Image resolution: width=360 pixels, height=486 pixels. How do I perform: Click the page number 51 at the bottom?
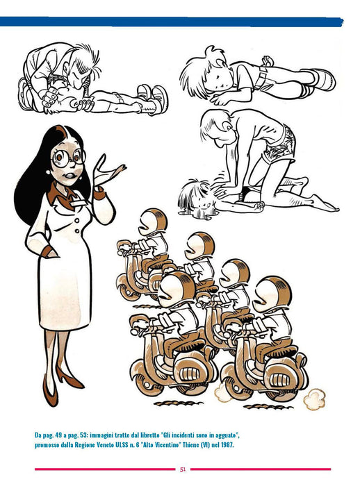183,469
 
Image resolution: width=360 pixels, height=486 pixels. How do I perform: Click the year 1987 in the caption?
227,446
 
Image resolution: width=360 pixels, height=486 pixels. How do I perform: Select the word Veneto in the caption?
105,446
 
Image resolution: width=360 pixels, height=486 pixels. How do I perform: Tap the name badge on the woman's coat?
79,203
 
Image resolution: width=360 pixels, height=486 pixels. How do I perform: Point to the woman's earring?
48,171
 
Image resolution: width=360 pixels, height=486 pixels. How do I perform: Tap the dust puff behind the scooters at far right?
314,399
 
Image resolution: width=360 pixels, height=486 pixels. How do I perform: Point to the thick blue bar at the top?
171,22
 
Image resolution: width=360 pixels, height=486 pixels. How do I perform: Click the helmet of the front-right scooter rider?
272,294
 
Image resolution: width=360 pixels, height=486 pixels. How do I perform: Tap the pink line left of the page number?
105,469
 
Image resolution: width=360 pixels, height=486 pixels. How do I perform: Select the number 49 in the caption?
57,435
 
